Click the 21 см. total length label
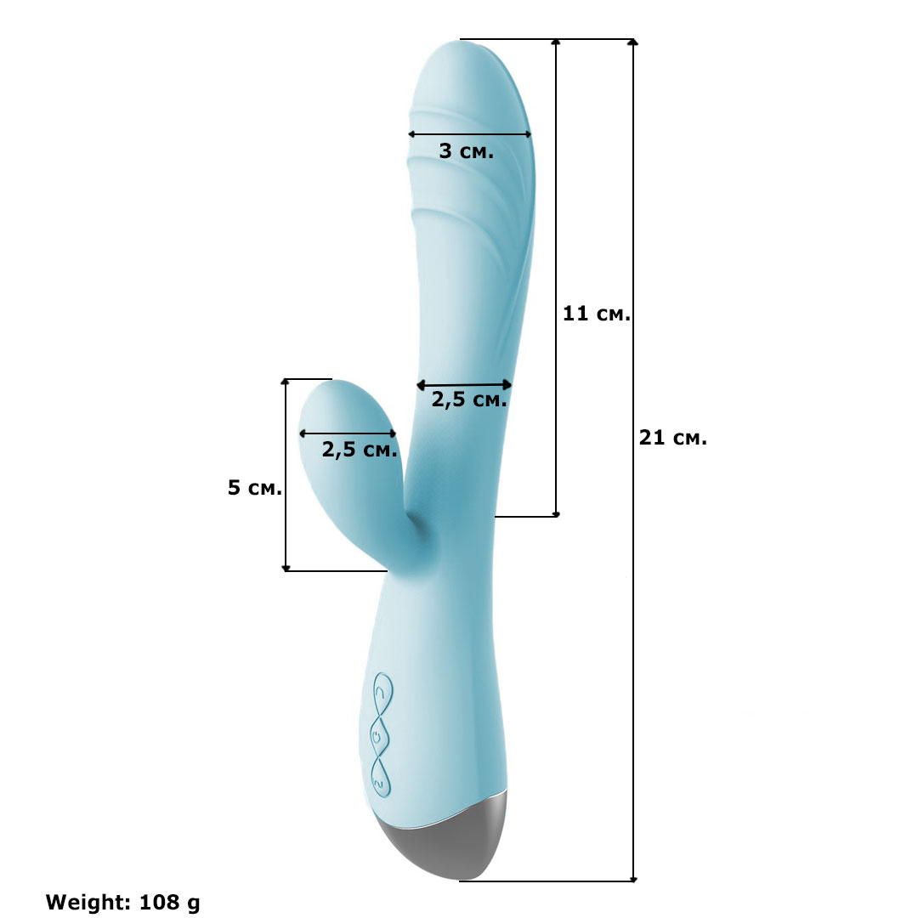coord(672,438)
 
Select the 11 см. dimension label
coord(596,314)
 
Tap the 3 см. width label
coord(467,151)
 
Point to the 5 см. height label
coord(255,487)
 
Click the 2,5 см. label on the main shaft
coord(469,399)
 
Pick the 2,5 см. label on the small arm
coord(360,450)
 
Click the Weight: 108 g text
coord(122,902)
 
